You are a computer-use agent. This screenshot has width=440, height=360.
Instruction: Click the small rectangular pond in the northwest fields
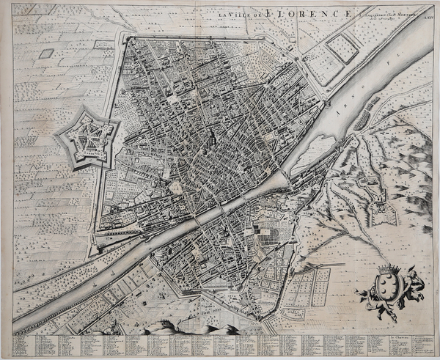46,54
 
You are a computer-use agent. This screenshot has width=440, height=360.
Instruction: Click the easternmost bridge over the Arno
279,177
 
